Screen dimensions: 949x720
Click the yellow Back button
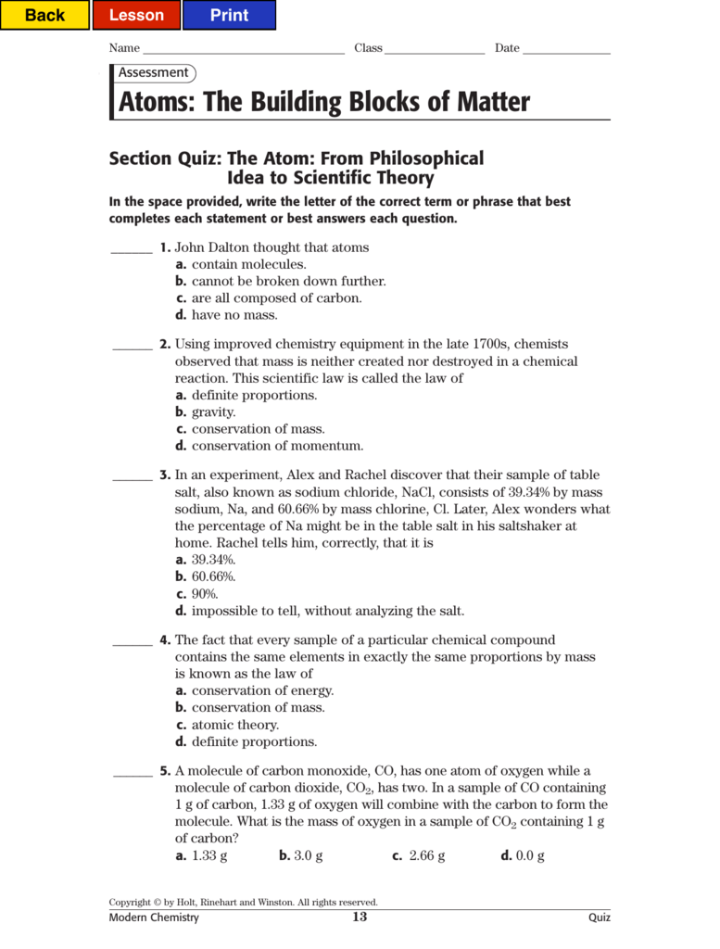click(x=44, y=15)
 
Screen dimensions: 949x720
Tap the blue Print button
click(x=229, y=15)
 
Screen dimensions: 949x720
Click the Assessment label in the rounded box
click(x=153, y=72)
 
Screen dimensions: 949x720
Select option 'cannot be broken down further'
click(x=288, y=281)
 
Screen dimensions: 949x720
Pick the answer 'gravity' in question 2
click(x=213, y=411)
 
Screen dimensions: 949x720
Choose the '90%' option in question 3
click(x=204, y=594)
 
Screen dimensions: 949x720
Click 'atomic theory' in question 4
click(x=234, y=725)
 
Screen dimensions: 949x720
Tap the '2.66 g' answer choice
click(x=426, y=855)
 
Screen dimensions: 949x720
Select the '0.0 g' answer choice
click(x=529, y=855)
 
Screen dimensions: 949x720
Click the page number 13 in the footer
click(x=360, y=917)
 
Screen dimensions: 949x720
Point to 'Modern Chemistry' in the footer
click(x=154, y=917)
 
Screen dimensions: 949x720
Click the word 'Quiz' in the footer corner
click(x=600, y=917)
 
